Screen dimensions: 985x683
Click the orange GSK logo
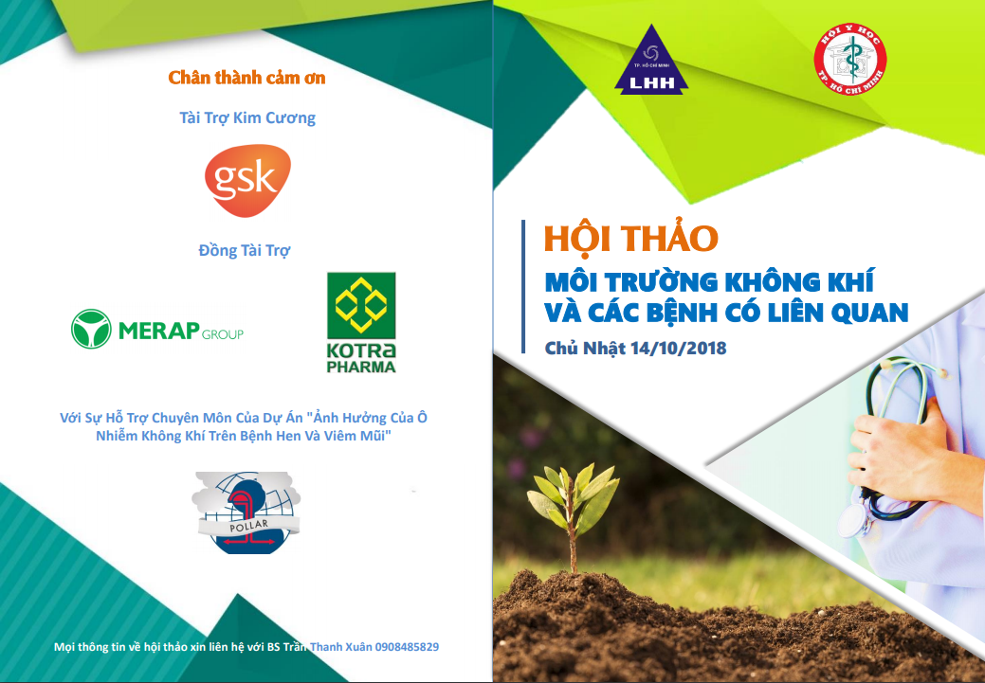[x=247, y=181]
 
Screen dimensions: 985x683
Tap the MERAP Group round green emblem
[x=91, y=329]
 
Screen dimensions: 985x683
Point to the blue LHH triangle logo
[x=651, y=61]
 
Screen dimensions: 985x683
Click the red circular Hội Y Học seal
[x=850, y=60]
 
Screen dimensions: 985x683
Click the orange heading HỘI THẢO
[x=630, y=238]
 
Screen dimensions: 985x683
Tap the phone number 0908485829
[x=407, y=647]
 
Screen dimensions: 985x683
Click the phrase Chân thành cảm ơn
[x=246, y=78]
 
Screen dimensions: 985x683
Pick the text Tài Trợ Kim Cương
[x=247, y=118]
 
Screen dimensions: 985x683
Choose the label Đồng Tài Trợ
[x=245, y=250]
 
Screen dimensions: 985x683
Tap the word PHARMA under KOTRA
[x=361, y=367]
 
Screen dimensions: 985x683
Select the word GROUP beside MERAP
[x=223, y=334]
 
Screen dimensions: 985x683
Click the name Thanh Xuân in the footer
[x=341, y=647]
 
